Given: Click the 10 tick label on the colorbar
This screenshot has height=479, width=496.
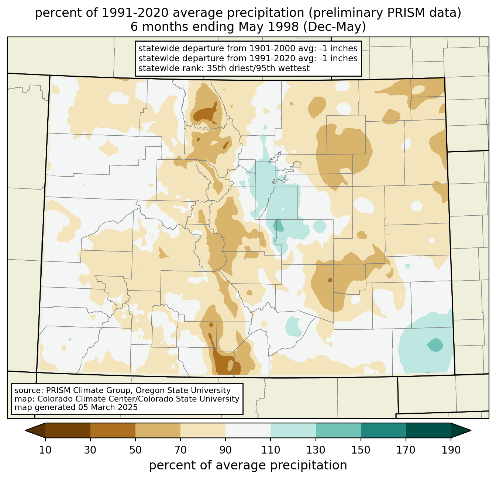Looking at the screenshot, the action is pos(45,450).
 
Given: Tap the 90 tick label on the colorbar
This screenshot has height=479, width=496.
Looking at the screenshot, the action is pos(225,450).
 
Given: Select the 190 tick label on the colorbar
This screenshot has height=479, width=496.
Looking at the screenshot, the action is pos(451,450).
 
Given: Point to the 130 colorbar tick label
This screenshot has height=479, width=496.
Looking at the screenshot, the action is pos(316,450).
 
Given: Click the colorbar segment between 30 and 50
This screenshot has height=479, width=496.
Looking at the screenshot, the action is pos(113,430).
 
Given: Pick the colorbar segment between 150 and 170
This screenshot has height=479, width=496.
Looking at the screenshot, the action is pos(383,430).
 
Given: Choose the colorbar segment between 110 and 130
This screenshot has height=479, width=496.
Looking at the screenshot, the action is pos(293,430).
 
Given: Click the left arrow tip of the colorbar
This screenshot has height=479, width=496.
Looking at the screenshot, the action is pos(25,430).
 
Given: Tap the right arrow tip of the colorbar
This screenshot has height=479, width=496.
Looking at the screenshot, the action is pos(471,430).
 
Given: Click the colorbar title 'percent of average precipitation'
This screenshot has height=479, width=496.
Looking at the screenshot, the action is pos(248,465).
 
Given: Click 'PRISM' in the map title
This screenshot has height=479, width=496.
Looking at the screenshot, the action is pos(402,13).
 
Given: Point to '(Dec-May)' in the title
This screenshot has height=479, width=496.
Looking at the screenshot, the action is pos(334,27).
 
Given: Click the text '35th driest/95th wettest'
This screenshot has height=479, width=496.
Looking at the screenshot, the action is pos(258,68).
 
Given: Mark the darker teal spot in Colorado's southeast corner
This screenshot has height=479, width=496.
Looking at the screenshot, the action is pos(435,345).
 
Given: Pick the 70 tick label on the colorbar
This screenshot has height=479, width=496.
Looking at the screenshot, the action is pos(180,450).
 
